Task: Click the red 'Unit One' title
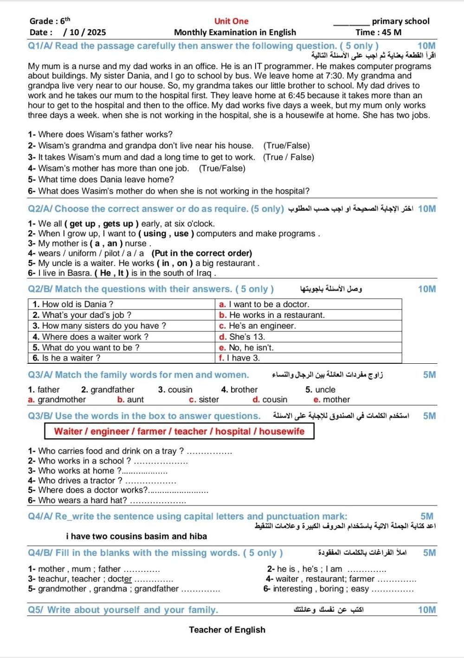tap(231, 21)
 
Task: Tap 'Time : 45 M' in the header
tap(378, 32)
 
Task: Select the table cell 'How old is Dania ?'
tap(73, 304)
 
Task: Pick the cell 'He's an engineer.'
tap(258, 326)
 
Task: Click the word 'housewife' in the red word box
tap(282, 431)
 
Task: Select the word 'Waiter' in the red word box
tap(68, 431)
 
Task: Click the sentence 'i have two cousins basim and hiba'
tap(136, 536)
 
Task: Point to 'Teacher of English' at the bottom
tap(227, 630)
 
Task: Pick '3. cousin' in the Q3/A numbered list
tap(175, 390)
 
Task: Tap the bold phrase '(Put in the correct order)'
tap(202, 253)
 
